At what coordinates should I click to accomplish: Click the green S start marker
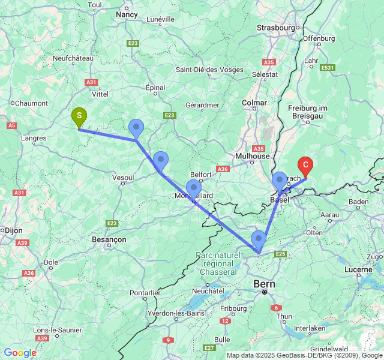click(79, 116)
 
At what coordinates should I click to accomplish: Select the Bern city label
click(263, 283)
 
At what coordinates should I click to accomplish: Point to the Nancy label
click(127, 14)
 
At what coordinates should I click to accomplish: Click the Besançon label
click(109, 239)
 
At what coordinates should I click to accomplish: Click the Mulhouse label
click(252, 156)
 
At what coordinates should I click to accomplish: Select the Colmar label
click(254, 103)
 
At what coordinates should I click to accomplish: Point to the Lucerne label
click(358, 269)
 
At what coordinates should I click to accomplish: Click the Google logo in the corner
click(20, 353)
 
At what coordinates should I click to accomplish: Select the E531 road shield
click(327, 68)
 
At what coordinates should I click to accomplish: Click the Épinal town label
click(155, 88)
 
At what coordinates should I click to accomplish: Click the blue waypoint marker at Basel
click(280, 180)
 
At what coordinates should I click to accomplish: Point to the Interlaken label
click(310, 328)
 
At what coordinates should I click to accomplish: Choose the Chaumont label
click(31, 103)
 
